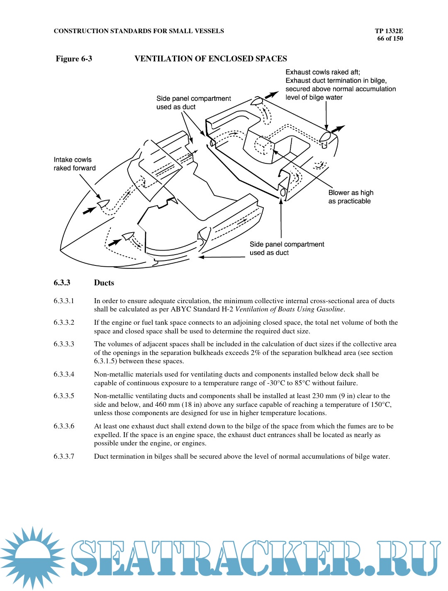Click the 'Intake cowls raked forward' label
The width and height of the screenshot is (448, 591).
74,164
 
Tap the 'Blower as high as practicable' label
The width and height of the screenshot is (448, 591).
351,197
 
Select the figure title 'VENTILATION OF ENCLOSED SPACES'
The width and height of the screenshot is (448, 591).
211,59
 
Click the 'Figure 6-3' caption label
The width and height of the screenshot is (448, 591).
74,59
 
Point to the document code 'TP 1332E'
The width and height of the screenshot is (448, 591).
389,31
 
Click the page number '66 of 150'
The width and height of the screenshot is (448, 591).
390,39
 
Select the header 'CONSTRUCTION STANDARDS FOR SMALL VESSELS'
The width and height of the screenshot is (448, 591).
139,31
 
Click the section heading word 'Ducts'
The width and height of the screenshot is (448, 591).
104,283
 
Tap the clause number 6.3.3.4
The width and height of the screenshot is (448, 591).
64,374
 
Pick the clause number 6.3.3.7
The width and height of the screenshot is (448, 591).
64,456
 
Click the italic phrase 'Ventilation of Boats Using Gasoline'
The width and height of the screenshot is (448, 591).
289,309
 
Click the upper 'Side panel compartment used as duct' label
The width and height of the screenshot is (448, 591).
193,102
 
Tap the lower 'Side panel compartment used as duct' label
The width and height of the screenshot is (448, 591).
287,248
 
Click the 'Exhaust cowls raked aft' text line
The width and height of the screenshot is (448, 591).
322,72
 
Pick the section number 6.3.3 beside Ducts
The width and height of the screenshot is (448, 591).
62,283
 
